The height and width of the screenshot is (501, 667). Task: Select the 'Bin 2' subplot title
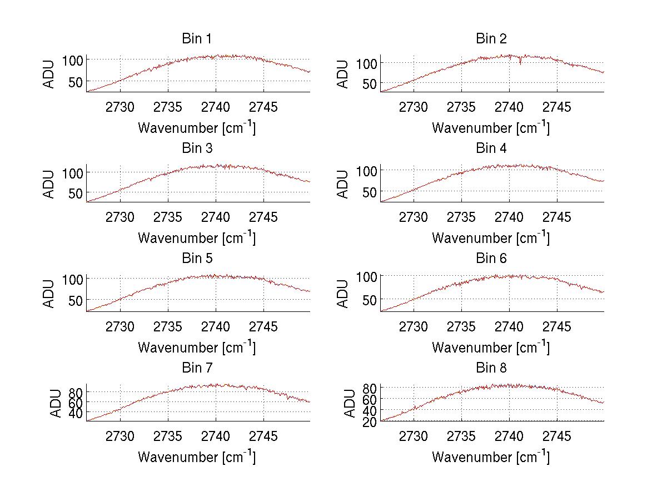(x=491, y=39)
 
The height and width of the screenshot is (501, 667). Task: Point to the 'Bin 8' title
(x=491, y=368)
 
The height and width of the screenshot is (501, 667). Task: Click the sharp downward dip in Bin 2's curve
(x=520, y=63)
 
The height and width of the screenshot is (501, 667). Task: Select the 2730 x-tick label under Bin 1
(x=120, y=107)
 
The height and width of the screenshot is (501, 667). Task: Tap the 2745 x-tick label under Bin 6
(x=556, y=327)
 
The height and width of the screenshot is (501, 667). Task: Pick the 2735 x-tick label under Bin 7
(x=168, y=436)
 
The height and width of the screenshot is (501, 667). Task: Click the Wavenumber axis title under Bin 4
(x=490, y=237)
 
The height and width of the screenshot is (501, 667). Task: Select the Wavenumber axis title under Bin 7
(x=196, y=457)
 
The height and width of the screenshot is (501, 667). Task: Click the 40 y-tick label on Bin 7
(x=76, y=413)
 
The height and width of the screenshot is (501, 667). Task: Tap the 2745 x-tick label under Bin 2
(x=556, y=107)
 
